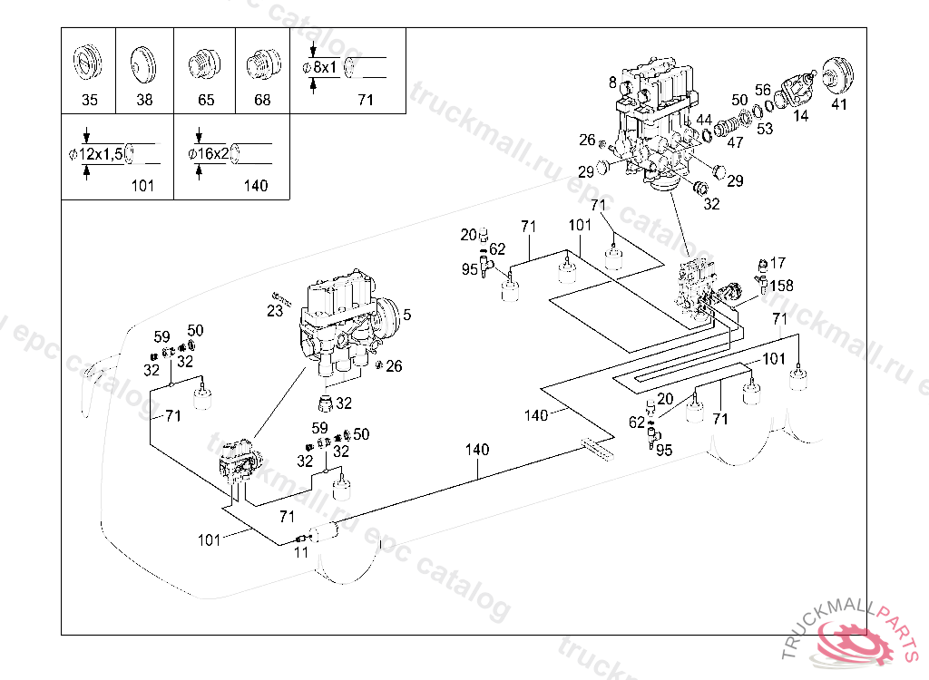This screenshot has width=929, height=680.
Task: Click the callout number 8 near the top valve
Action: pyautogui.click(x=612, y=83)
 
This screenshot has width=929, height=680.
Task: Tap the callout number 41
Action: pyautogui.click(x=839, y=104)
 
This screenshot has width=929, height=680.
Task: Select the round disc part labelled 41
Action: pyautogui.click(x=839, y=74)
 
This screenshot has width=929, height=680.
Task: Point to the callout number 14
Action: pyautogui.click(x=801, y=115)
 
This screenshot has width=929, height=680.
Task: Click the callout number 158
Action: pyautogui.click(x=781, y=286)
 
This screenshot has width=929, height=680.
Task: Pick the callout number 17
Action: pyautogui.click(x=777, y=262)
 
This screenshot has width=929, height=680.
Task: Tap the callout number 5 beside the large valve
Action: pyautogui.click(x=407, y=315)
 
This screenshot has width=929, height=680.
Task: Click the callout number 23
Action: pyautogui.click(x=275, y=311)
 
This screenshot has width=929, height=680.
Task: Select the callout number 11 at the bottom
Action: pyautogui.click(x=301, y=552)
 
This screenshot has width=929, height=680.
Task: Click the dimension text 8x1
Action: pyautogui.click(x=325, y=67)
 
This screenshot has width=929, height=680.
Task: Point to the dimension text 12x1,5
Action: pyautogui.click(x=101, y=155)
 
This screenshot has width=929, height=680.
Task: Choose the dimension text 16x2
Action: pyautogui.click(x=212, y=154)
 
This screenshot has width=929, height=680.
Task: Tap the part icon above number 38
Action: pyautogui.click(x=142, y=63)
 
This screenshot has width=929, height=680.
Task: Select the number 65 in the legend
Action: pyautogui.click(x=206, y=100)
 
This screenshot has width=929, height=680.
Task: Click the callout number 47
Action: pyautogui.click(x=735, y=142)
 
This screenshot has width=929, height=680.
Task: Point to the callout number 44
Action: pyautogui.click(x=704, y=120)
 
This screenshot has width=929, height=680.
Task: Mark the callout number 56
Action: pyautogui.click(x=762, y=90)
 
